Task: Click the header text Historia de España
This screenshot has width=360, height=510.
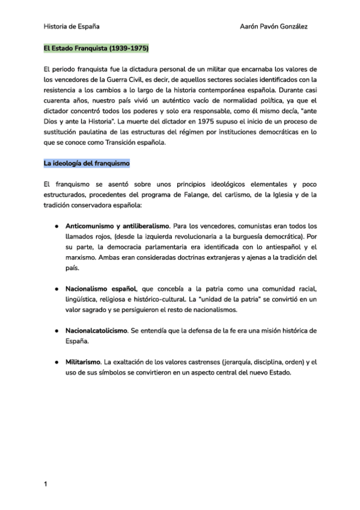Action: (72, 26)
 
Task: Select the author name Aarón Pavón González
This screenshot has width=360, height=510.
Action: (274, 26)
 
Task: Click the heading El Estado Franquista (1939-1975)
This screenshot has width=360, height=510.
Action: (96, 48)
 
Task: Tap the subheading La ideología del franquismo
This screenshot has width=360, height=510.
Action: (86, 163)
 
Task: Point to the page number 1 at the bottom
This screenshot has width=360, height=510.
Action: (46, 484)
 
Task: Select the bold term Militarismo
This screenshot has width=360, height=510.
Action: (84, 362)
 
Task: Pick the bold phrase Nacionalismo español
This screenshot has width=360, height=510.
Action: (101, 289)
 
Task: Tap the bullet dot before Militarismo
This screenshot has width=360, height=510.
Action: (55, 362)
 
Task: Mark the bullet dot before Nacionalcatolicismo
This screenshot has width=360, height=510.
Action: (55, 331)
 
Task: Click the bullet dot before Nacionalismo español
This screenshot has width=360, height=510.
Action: (55, 289)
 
